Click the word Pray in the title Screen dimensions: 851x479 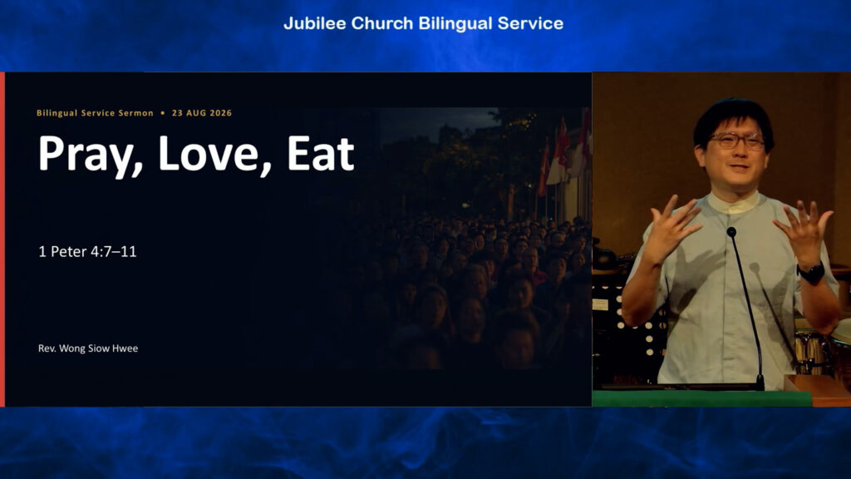click(x=90, y=155)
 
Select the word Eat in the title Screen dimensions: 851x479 click(x=320, y=154)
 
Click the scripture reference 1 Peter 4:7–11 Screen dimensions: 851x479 click(x=87, y=251)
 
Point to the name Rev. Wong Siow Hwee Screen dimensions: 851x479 click(x=88, y=348)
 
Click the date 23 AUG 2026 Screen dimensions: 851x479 click(x=202, y=113)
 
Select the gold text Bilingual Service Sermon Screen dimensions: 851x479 click(x=95, y=113)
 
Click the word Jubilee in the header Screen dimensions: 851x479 click(x=315, y=23)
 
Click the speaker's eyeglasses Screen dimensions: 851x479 click(x=738, y=141)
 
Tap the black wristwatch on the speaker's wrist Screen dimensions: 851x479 click(x=811, y=273)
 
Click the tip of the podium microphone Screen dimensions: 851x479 click(x=731, y=232)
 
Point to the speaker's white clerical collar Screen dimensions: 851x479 click(x=734, y=203)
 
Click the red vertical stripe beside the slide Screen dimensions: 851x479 click(x=2, y=239)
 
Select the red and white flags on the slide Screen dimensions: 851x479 click(x=563, y=155)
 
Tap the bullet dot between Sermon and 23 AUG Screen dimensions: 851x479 click(x=163, y=113)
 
